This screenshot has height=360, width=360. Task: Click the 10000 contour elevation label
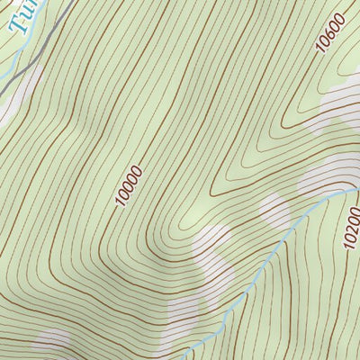click(129, 185)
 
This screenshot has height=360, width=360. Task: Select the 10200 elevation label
click(352, 226)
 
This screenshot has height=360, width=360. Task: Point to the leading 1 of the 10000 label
click(121, 202)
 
